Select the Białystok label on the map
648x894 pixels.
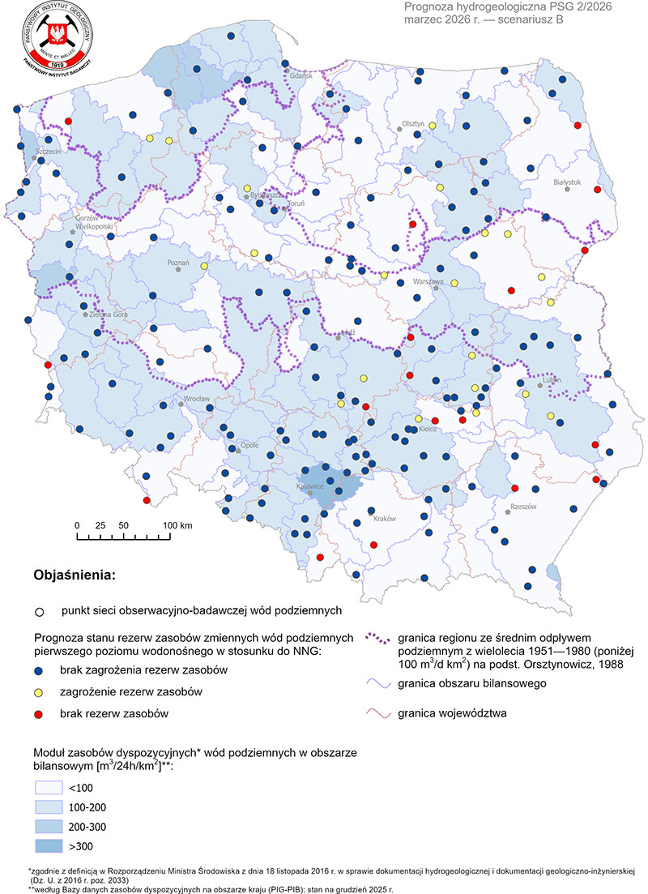pos(568,182)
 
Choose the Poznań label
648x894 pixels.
pos(177,263)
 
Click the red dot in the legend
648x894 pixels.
pos(39,713)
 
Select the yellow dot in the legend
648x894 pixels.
pos(39,692)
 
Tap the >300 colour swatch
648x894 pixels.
pos(49,846)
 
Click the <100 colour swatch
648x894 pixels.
pos(49,788)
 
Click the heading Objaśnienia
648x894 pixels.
pos(74,575)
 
